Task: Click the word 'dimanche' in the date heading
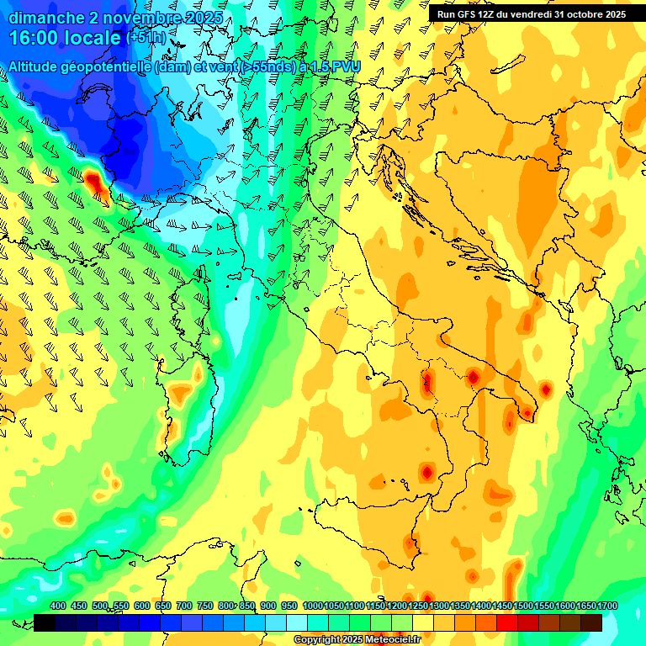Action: [x=45, y=17]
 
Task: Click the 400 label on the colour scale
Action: [x=58, y=606]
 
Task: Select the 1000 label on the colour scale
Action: [x=312, y=606]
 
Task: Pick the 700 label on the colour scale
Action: [x=184, y=606]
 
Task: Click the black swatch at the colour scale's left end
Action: [x=45, y=622]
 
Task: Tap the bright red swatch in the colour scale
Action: [x=507, y=622]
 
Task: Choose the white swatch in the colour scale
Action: [x=297, y=622]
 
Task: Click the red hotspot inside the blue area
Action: [x=93, y=179]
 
